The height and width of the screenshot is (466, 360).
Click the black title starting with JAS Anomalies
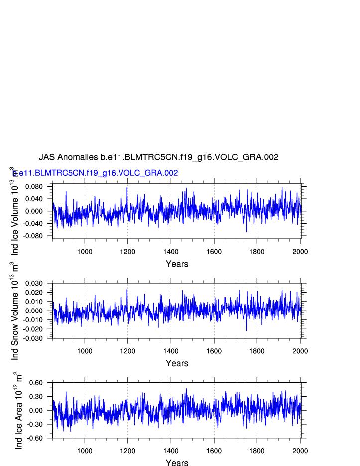158,157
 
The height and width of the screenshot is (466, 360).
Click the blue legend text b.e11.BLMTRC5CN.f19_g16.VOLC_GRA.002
96,173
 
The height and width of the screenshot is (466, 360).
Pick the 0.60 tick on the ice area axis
42,383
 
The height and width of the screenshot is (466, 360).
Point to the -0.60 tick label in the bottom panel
41,438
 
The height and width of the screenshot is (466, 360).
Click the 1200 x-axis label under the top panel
128,251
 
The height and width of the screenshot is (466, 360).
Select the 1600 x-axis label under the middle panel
214,351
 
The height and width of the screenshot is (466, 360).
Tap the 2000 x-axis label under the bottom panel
300,451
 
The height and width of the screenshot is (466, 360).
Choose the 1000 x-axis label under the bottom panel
85,451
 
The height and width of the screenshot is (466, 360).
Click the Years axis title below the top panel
177,264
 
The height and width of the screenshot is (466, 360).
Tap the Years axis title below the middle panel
177,363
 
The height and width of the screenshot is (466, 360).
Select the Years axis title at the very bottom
177,463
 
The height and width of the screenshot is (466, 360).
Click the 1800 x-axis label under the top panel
257,251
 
